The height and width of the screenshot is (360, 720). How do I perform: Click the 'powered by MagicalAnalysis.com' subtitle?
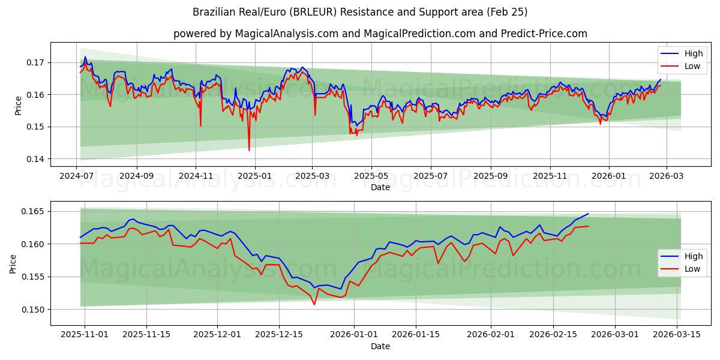click(x=380, y=34)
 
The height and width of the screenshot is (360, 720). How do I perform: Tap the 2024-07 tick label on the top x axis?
click(x=77, y=176)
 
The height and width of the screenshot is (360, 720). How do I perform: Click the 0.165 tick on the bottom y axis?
click(x=34, y=211)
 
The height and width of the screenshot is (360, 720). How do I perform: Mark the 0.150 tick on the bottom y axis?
click(x=34, y=310)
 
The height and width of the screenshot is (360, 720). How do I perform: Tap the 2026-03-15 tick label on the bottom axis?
click(x=677, y=334)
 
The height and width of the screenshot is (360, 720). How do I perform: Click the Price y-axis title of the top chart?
click(x=18, y=105)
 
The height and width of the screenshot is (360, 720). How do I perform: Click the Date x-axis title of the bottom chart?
click(x=380, y=346)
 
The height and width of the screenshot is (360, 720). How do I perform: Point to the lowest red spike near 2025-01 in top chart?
click(x=249, y=150)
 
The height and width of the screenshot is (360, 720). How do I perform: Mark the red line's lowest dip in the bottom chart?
click(x=314, y=304)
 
